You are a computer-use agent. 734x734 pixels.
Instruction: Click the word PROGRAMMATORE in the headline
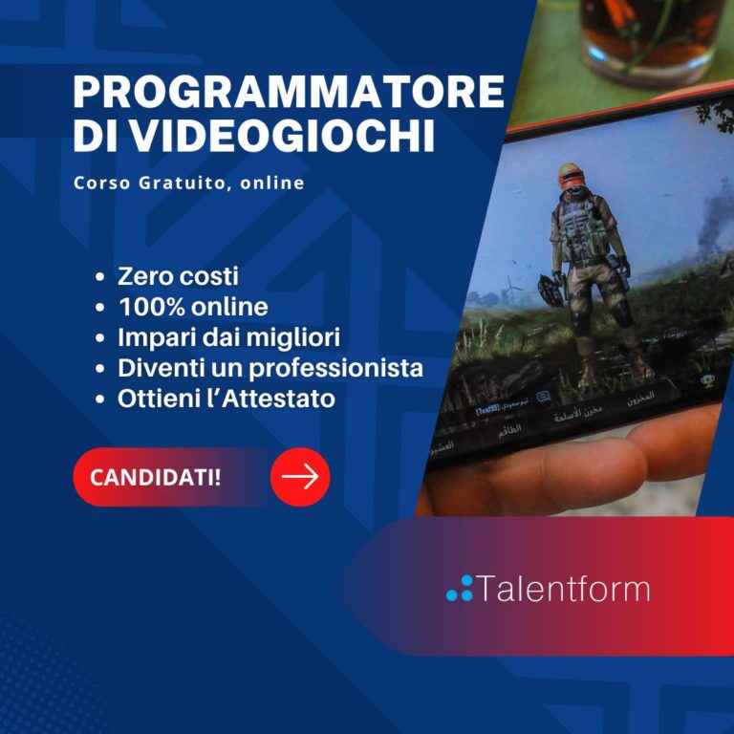(288, 93)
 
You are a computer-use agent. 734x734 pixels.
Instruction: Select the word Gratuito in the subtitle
(176, 183)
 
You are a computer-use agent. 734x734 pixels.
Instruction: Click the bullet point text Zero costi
(178, 277)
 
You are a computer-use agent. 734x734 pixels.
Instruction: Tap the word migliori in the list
(297, 337)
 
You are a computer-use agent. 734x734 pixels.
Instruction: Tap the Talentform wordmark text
(563, 589)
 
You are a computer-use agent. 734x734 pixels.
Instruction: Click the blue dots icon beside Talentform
(460, 589)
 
